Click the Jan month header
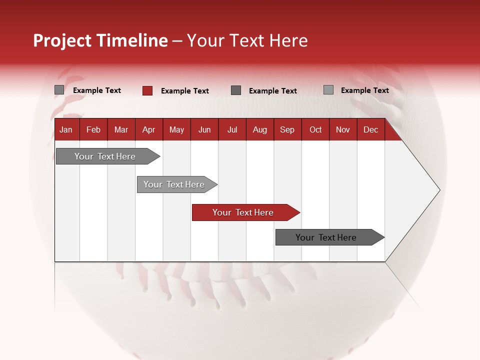pyautogui.click(x=66, y=130)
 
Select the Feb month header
pyautogui.click(x=93, y=130)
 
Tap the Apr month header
pyautogui.click(x=148, y=130)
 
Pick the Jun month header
pyautogui.click(x=204, y=130)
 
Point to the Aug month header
pyautogui.click(x=260, y=130)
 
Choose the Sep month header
pyautogui.click(x=287, y=130)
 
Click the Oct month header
pyautogui.click(x=315, y=130)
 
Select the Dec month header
pyautogui.click(x=370, y=130)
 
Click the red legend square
pyautogui.click(x=147, y=90)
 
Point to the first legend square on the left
pyautogui.click(x=59, y=90)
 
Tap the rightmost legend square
pyautogui.click(x=328, y=90)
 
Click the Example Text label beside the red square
pyautogui.click(x=185, y=91)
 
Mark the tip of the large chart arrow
pyautogui.click(x=439, y=189)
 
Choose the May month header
pyautogui.click(x=176, y=130)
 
